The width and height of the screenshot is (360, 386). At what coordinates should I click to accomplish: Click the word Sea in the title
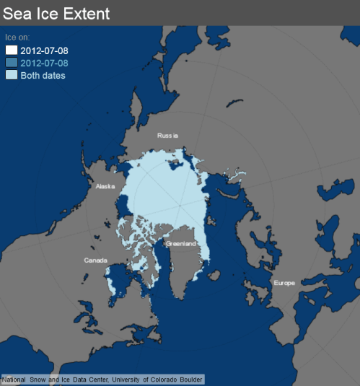point(17,13)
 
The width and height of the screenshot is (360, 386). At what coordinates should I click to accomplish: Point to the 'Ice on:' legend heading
point(17,37)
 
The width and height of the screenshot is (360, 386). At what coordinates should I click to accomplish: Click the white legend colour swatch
point(11,50)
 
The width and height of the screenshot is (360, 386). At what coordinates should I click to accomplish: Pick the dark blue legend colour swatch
point(11,63)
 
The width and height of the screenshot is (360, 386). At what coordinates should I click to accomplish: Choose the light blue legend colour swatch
point(11,76)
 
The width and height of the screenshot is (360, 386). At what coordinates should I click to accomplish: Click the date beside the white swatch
point(45,50)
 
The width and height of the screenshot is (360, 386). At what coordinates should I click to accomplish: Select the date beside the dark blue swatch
point(45,63)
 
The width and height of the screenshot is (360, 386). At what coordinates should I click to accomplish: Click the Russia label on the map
point(167,135)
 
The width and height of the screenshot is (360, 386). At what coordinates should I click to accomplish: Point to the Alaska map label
point(105,186)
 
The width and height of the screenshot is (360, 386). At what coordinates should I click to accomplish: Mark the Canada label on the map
point(95,260)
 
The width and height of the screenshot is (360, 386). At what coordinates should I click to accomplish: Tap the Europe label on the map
point(284,283)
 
